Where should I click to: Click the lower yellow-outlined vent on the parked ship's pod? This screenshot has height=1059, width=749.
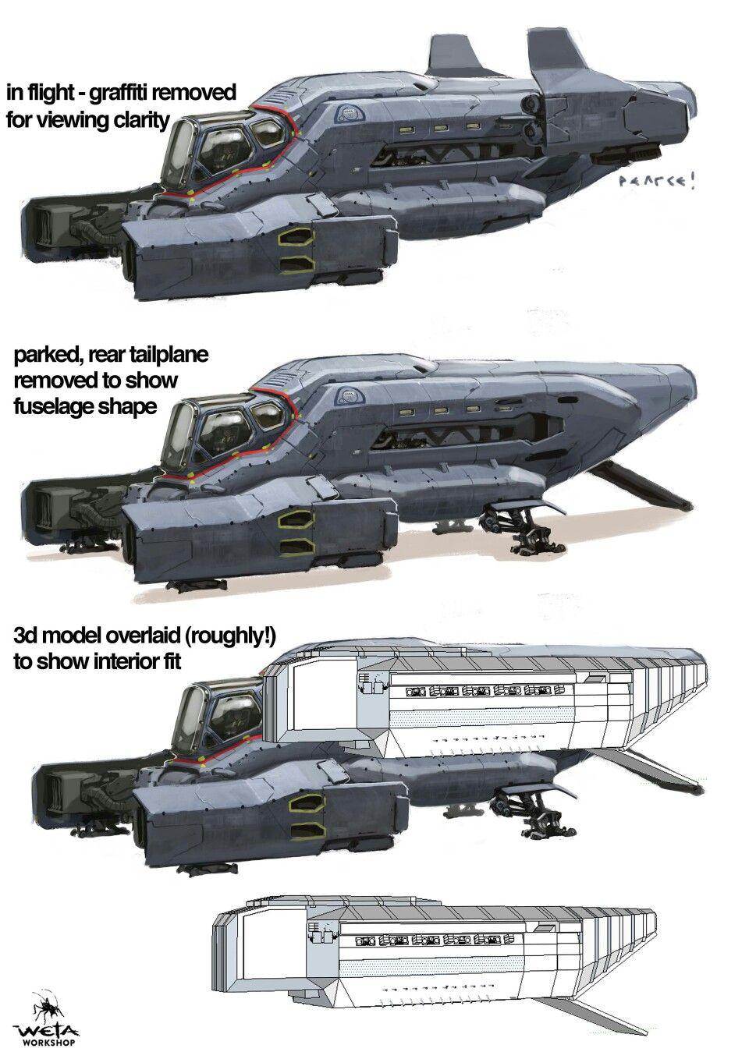pos(296,545)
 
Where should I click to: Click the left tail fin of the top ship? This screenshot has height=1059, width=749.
pos(452,55)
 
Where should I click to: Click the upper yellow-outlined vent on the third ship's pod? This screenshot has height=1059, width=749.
pos(307,805)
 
